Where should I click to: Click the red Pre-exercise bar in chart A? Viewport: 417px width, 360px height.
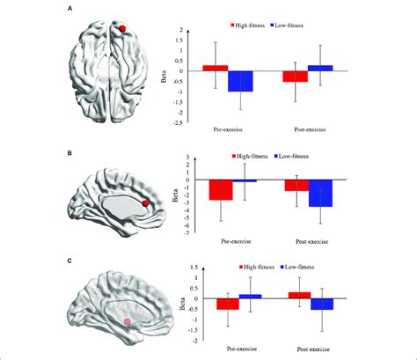point(216,68)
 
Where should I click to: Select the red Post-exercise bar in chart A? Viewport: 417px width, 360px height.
point(296,76)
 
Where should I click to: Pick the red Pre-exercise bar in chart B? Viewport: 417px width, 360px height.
point(220,189)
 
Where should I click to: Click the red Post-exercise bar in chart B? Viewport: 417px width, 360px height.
point(296,185)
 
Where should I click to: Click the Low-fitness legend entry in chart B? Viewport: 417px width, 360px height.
point(298,155)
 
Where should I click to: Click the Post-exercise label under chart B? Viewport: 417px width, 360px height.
point(307,239)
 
